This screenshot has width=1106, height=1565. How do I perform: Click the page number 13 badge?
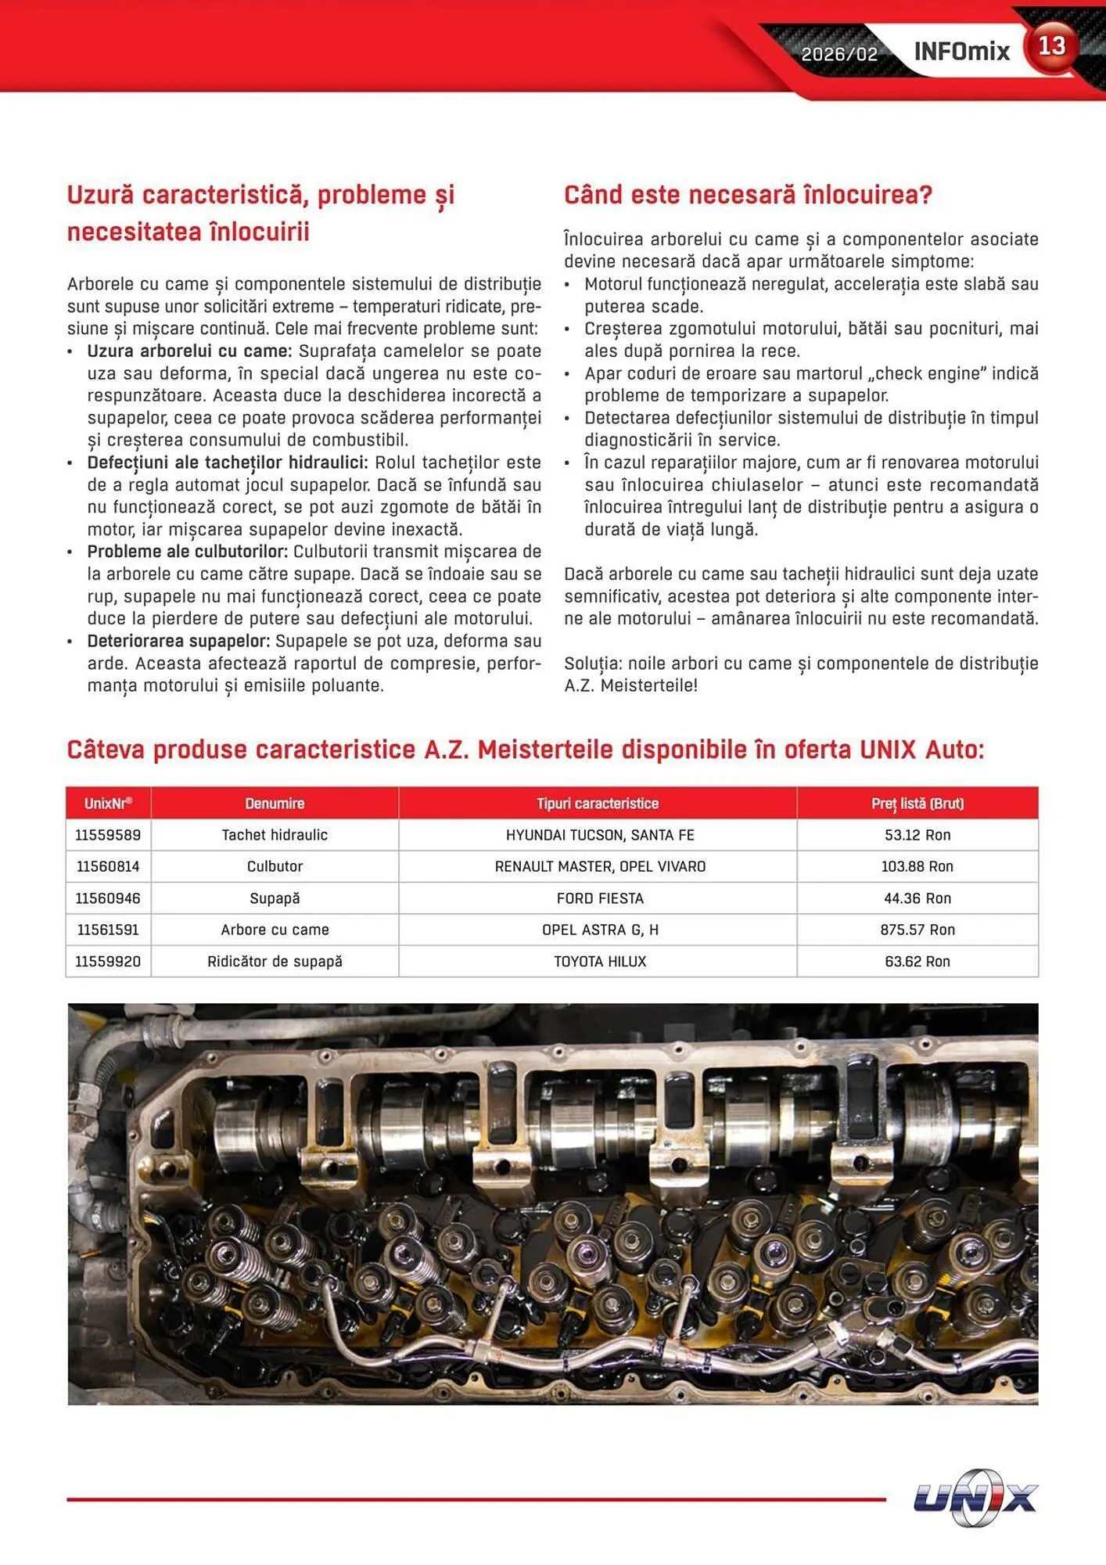click(1051, 47)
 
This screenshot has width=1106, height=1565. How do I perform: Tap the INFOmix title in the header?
click(961, 52)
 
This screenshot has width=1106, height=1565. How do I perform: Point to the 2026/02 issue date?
click(839, 54)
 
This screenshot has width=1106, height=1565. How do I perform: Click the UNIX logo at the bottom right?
click(975, 1498)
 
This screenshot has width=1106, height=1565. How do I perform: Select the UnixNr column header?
click(108, 804)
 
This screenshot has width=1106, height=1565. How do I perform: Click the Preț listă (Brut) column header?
click(917, 804)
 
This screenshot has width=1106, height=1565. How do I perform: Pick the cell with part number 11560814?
click(108, 866)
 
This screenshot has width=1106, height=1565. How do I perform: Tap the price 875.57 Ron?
click(917, 930)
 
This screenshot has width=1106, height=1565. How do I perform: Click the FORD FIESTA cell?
click(599, 898)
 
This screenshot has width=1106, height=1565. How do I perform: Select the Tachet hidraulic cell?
click(275, 835)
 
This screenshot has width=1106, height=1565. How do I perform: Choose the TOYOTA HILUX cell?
click(599, 961)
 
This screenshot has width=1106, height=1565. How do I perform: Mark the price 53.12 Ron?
click(917, 835)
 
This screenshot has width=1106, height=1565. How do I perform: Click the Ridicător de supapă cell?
click(275, 961)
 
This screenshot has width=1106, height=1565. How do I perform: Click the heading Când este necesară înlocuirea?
click(748, 195)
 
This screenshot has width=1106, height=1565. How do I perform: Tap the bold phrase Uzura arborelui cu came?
click(189, 351)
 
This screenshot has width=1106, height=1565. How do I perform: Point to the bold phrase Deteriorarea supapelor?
click(178, 642)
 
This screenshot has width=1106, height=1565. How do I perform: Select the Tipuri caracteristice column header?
click(598, 804)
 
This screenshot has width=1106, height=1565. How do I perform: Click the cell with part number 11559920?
click(108, 961)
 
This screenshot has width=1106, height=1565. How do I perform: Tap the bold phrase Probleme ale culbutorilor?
click(188, 552)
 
